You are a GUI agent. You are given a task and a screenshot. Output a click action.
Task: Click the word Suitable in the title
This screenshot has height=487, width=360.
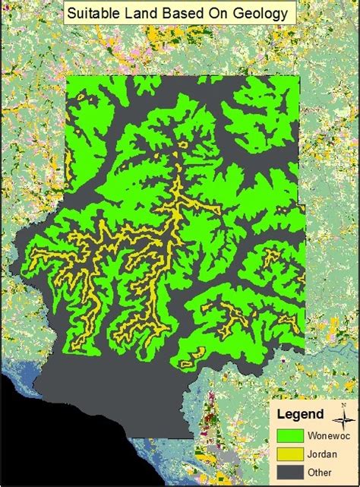pos(94,13)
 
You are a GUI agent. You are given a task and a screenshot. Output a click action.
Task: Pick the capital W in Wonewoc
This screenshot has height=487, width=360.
pos(312,437)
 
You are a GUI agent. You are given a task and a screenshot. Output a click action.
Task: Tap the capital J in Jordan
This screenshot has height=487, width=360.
pos(310,453)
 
